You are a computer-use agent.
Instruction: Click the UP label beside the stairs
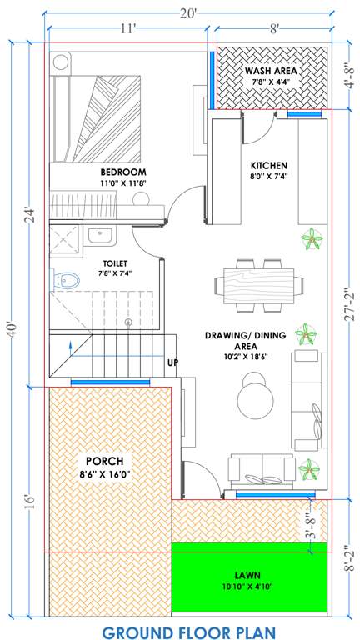click(172, 362)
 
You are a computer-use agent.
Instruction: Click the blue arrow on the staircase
click(71, 344)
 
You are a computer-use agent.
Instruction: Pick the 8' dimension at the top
click(272, 27)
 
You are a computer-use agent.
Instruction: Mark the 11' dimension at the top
click(127, 27)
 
